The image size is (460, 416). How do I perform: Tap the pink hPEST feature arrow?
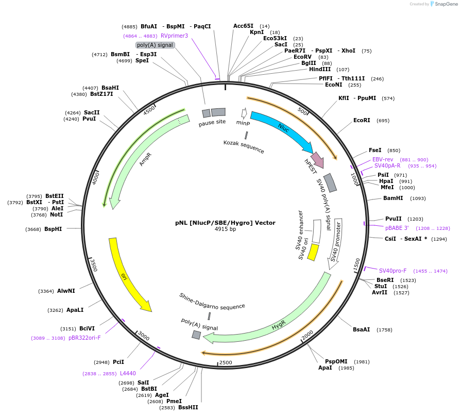pyautogui.click(x=317, y=160)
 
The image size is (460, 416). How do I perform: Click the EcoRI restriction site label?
pyautogui.click(x=362, y=121)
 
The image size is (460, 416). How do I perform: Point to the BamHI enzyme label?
pyautogui.click(x=393, y=198)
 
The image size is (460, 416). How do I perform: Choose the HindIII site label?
pyautogui.click(x=320, y=70)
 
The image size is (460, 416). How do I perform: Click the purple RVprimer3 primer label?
pyautogui.click(x=174, y=36)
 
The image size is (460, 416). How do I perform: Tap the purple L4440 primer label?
pyautogui.click(x=128, y=373)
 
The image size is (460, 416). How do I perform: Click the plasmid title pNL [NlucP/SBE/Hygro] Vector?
pyautogui.click(x=225, y=223)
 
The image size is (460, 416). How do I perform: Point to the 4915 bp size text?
pyautogui.click(x=225, y=229)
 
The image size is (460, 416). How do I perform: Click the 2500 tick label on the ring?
pyautogui.click(x=226, y=363)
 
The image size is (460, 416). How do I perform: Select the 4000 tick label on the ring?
pyautogui.click(x=96, y=178)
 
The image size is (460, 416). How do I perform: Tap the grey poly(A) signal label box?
pyautogui.click(x=155, y=45)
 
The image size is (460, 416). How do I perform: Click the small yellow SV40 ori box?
pyautogui.click(x=313, y=252)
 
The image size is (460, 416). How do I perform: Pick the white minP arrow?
pyautogui.click(x=244, y=113)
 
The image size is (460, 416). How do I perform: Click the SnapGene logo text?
pyautogui.click(x=446, y=4)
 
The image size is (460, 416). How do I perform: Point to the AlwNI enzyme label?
pyautogui.click(x=66, y=291)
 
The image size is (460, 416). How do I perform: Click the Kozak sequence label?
pyautogui.click(x=244, y=146)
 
